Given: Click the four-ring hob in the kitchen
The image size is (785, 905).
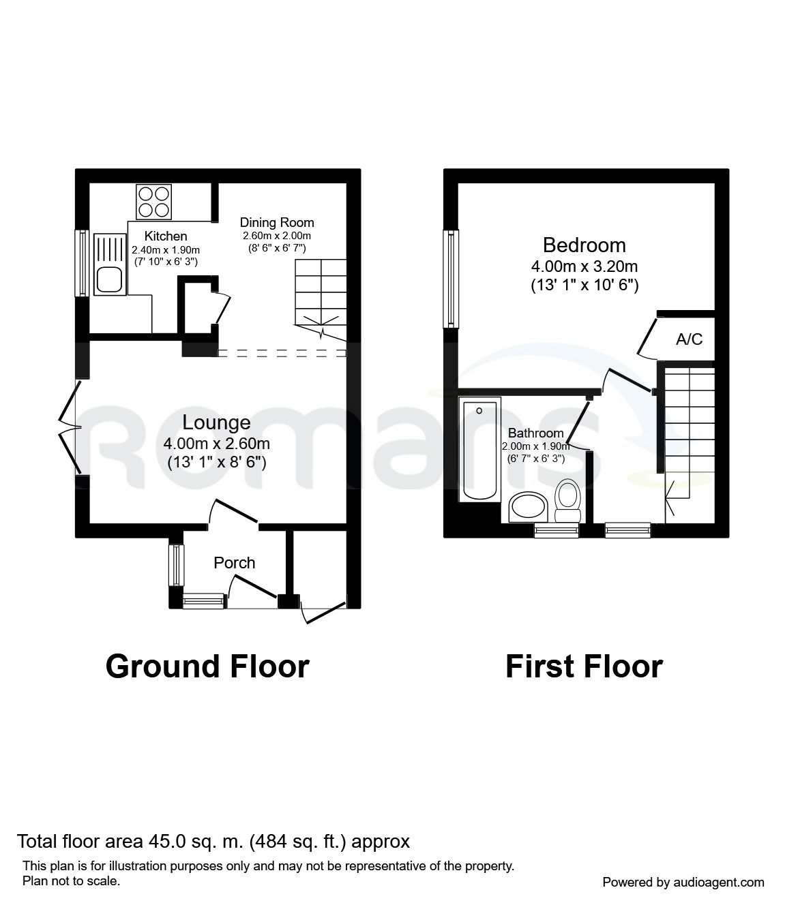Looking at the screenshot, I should pos(153,202).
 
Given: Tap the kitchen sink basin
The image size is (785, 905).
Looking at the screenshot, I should pos(108,279).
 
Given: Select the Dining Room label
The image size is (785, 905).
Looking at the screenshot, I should pos(277,222).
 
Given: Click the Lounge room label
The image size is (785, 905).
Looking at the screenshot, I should pos(216,423).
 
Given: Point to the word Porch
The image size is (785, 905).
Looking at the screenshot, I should pos(234,563).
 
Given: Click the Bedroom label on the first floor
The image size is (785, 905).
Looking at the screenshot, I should pos(584,245).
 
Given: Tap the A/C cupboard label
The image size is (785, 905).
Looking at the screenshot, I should pos(689,339).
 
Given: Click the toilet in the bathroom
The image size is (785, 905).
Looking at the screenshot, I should pos(567,503).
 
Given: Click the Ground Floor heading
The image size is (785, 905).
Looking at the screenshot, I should pos(207,666).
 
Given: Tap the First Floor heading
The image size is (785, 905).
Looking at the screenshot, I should pos(584,666).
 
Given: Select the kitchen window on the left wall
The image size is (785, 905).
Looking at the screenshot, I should pos(82,262).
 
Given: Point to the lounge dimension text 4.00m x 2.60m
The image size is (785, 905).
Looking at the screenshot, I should pos(216,444).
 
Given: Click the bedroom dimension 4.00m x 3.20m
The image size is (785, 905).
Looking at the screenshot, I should pos(584,266).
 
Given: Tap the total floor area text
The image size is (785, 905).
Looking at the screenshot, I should pos(213,842).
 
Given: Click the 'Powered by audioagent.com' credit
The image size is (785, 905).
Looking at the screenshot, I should pos(683,882).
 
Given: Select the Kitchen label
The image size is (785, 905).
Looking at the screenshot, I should pos(166,236).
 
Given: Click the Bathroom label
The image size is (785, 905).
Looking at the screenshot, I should pos(535,433).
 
